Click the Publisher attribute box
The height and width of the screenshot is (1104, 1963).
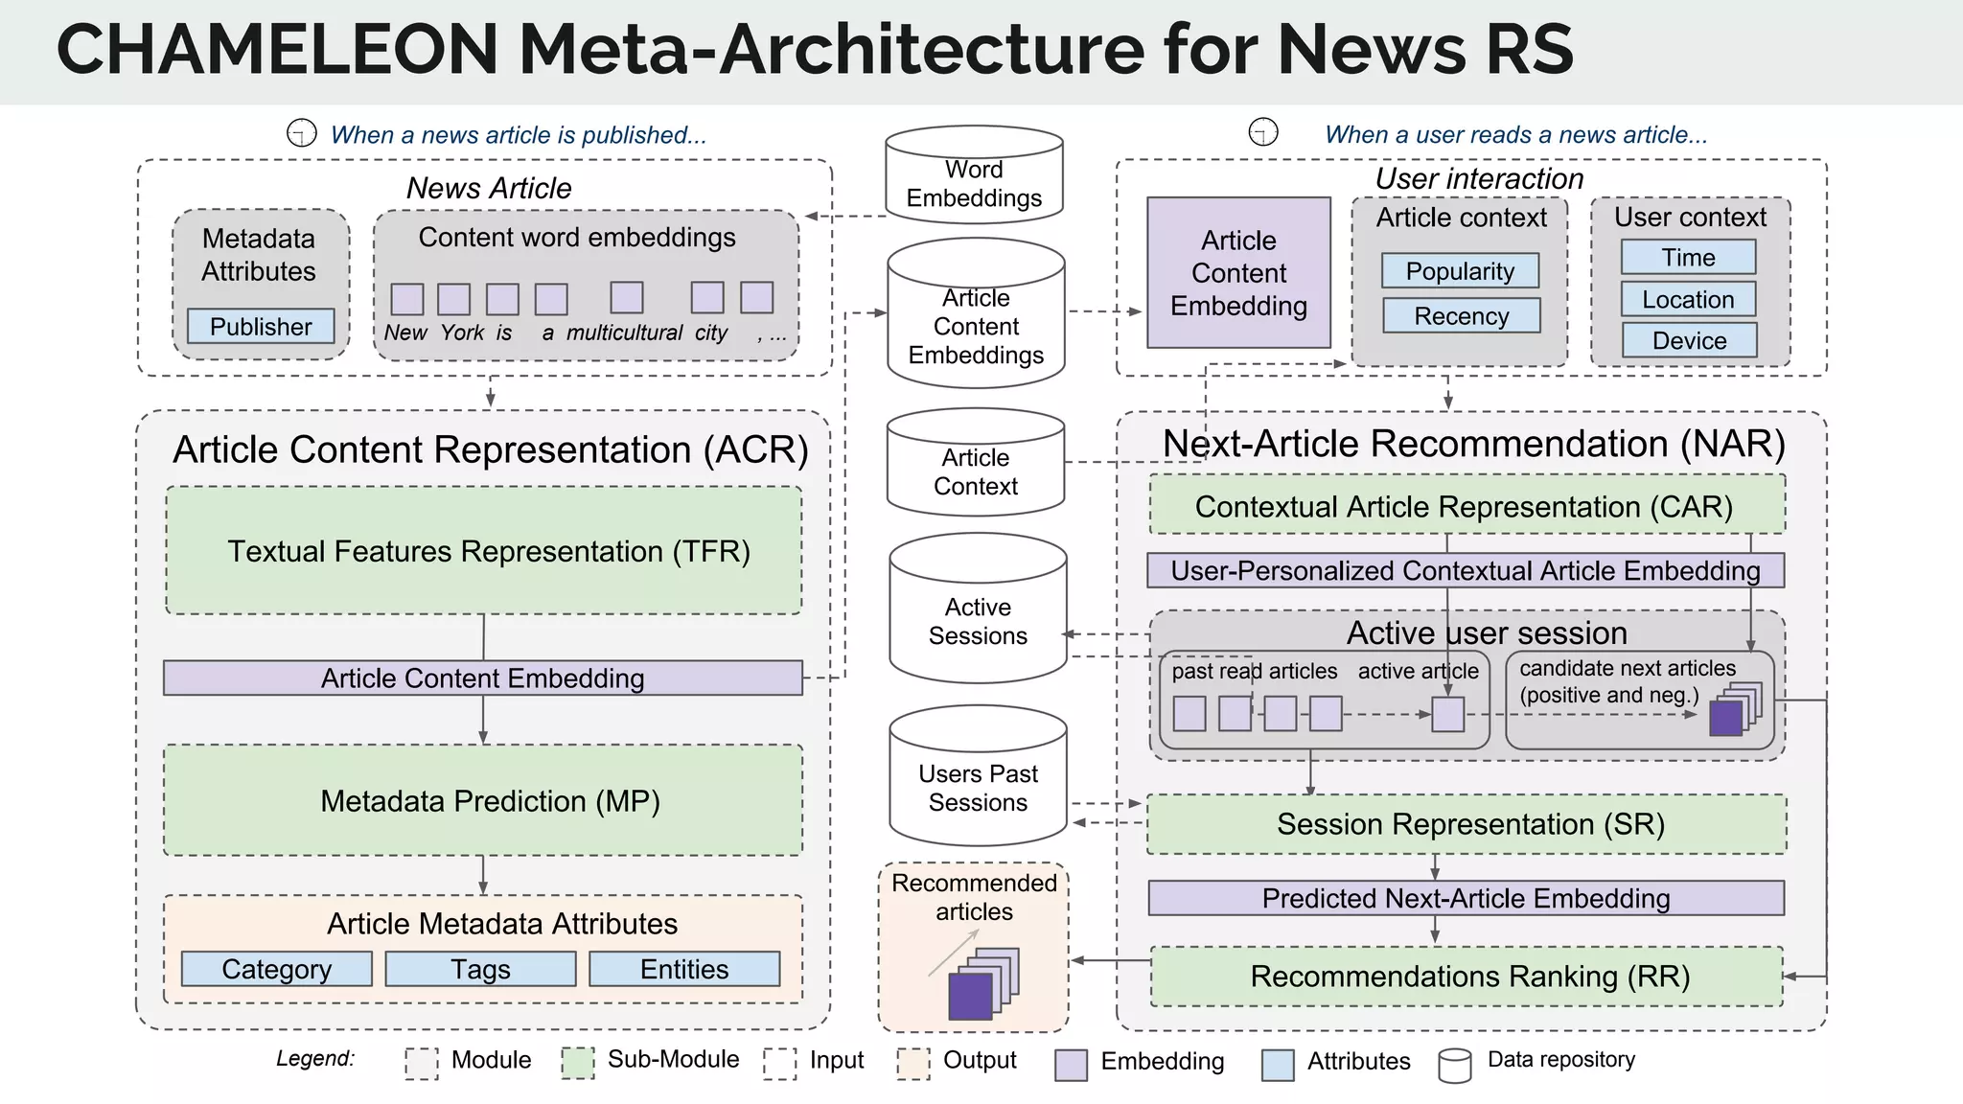(x=261, y=327)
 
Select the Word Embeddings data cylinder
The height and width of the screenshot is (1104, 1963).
(x=974, y=176)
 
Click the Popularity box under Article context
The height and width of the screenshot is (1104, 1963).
(x=1460, y=271)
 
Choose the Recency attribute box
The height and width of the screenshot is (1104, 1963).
(x=1461, y=316)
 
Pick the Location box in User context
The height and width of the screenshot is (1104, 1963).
(x=1688, y=299)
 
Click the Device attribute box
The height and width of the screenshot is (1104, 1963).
(x=1689, y=340)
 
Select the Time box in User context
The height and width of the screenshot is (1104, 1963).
(x=1688, y=257)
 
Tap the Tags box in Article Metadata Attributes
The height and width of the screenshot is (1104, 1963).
(x=480, y=969)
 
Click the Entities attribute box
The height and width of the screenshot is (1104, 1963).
(x=684, y=969)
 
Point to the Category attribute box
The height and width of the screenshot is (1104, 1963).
(x=276, y=969)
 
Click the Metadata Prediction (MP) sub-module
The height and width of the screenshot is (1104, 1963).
(x=483, y=800)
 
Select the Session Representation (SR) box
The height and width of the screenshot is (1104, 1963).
(x=1466, y=824)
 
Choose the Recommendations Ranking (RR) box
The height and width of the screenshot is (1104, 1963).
(x=1466, y=977)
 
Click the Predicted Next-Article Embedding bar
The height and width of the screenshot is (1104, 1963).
(x=1466, y=898)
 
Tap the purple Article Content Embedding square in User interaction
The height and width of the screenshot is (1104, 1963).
(x=1238, y=273)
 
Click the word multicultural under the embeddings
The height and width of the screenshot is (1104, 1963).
(x=624, y=333)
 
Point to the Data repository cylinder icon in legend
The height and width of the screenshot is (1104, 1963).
(x=1454, y=1065)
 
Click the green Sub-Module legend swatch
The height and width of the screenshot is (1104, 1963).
(x=578, y=1062)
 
